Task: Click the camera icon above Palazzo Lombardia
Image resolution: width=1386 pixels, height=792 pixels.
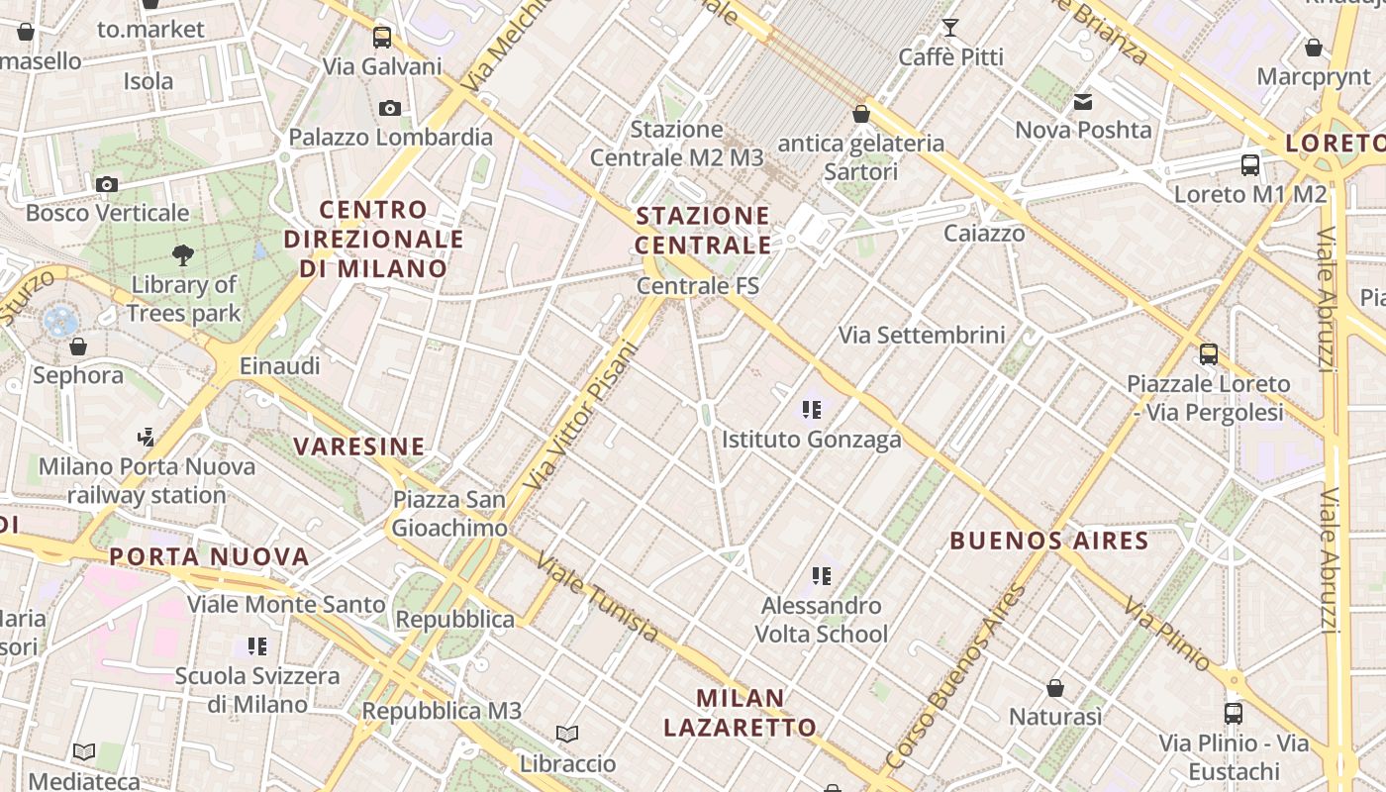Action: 390,108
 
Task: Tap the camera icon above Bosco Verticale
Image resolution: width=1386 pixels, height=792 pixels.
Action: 106,184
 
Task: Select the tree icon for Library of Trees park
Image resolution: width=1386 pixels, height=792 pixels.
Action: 182,255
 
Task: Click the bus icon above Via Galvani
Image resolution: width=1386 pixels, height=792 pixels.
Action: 382,38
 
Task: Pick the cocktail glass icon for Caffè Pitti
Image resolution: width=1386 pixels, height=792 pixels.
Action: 950,28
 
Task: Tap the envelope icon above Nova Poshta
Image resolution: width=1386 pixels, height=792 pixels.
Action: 1083,101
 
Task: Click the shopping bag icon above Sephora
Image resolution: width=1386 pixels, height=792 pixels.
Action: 78,346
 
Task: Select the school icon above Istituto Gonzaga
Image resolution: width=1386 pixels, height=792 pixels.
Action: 812,409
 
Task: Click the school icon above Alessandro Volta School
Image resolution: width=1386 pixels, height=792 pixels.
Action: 821,575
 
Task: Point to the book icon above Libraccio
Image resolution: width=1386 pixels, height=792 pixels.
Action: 567,734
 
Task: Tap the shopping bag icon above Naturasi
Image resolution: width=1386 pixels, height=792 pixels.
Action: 1055,687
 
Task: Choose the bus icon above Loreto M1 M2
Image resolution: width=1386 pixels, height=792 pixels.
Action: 1250,165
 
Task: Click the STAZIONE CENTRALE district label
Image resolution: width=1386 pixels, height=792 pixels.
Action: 703,231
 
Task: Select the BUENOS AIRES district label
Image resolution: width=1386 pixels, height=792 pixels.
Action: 1049,542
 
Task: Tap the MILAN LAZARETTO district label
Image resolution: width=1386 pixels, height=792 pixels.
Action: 740,713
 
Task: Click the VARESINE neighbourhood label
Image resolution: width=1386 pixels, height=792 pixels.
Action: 359,446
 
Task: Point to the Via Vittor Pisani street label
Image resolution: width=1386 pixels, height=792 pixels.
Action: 581,416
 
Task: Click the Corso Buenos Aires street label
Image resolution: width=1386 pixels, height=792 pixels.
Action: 954,677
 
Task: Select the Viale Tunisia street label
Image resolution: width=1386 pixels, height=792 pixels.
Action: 597,597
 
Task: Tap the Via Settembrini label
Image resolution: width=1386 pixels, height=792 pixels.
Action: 922,335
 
